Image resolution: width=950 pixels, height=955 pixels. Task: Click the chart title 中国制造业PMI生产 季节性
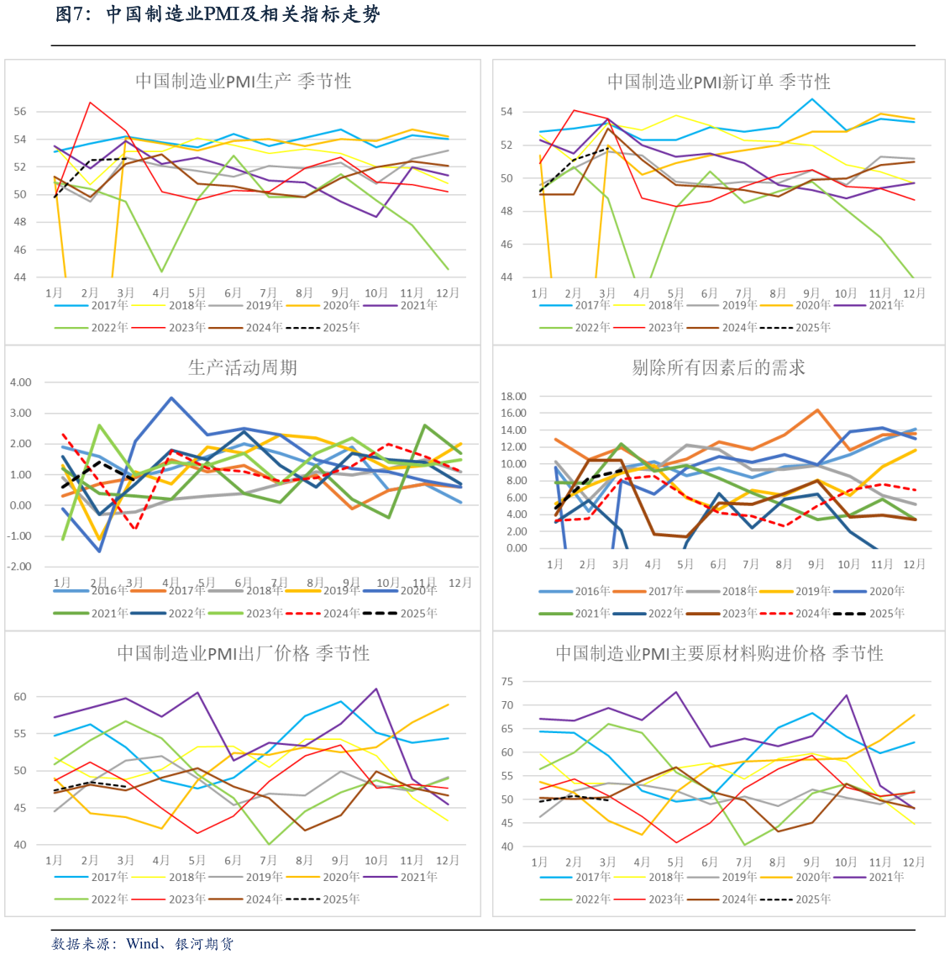click(x=243, y=82)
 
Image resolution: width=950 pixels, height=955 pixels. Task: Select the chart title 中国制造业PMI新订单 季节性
click(x=718, y=82)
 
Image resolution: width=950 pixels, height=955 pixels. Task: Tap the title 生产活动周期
click(x=242, y=367)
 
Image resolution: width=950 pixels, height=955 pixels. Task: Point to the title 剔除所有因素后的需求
click(x=718, y=367)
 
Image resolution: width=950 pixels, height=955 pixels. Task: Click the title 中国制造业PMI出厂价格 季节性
click(x=243, y=653)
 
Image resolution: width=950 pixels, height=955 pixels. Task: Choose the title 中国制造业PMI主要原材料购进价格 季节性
click(x=719, y=653)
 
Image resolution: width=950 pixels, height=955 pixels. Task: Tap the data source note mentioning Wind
click(x=142, y=944)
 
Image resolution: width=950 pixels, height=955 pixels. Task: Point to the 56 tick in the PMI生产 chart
click(x=20, y=111)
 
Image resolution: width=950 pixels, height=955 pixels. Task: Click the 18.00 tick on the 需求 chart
click(x=513, y=396)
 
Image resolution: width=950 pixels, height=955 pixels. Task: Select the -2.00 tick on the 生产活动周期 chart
click(x=20, y=567)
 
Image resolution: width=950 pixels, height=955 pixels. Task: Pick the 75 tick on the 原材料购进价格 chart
click(x=506, y=682)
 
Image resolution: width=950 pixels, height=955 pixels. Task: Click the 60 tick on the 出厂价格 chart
click(x=20, y=697)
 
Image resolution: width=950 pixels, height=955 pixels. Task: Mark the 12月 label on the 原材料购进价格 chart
click(x=914, y=862)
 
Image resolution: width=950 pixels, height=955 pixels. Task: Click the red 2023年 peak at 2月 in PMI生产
click(x=90, y=103)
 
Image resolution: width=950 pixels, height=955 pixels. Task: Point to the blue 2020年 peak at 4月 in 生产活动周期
click(x=171, y=398)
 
